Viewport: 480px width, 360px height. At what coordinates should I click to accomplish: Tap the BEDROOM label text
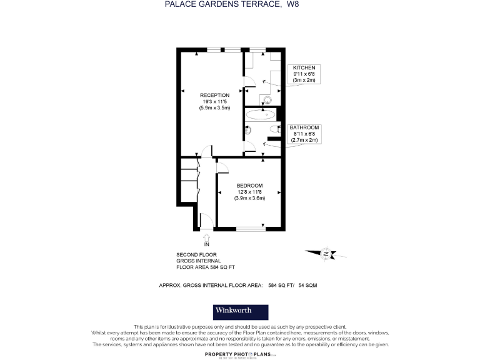tap(249, 186)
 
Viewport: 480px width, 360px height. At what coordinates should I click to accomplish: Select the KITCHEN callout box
tap(304, 74)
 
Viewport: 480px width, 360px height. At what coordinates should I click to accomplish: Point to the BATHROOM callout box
tap(305, 134)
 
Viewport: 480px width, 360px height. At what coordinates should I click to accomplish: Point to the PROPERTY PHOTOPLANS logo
tap(241, 354)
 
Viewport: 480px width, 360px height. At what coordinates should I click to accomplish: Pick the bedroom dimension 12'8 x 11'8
tap(249, 192)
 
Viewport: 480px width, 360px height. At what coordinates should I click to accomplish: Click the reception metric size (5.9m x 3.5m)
tap(215, 108)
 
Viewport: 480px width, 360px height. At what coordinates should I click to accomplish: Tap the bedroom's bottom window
tap(249, 229)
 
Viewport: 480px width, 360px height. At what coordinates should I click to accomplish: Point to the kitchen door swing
tap(248, 81)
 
